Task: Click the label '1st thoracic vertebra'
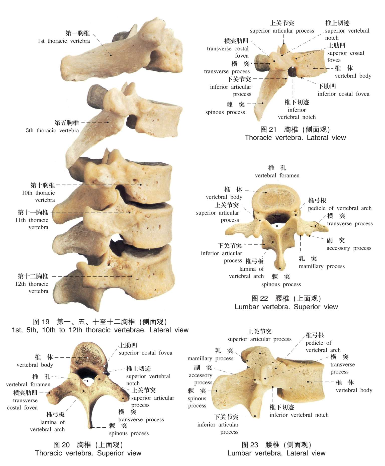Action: (64, 41)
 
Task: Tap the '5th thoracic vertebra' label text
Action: (52, 130)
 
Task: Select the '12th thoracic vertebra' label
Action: (32, 284)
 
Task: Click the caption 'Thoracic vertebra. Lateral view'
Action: (295, 138)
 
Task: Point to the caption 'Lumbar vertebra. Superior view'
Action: (286, 307)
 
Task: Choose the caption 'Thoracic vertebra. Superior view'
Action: (88, 453)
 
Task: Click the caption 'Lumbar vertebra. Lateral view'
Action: (276, 453)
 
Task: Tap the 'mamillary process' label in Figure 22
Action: (322, 266)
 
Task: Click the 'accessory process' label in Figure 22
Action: (349, 248)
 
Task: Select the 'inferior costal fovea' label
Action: (343, 94)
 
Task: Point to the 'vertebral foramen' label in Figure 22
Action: (277, 175)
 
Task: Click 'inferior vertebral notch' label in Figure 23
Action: (299, 415)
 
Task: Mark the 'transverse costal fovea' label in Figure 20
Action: (23, 401)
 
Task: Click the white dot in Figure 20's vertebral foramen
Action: (87, 381)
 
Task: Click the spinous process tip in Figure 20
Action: (90, 427)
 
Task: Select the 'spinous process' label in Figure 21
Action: (225, 112)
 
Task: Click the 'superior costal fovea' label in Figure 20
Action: (145, 353)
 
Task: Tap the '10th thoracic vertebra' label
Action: (38, 193)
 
